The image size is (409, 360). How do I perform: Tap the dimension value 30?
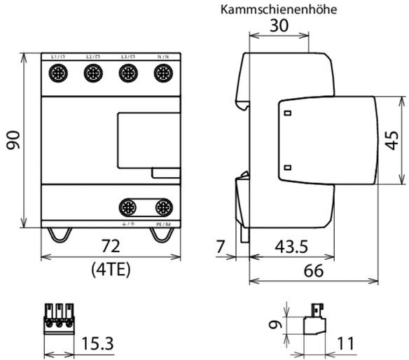coord(279,27)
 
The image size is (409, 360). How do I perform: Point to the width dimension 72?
coord(112,246)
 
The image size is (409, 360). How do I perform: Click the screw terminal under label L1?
coord(57,72)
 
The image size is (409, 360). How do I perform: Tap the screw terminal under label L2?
coord(92,72)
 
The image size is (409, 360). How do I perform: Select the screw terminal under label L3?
coord(127,72)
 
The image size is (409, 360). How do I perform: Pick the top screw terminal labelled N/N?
coord(163,72)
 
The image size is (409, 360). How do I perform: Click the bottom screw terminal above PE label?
coord(163,207)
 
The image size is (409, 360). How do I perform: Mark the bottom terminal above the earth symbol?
coord(128,207)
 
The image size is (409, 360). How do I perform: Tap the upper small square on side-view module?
coord(287,112)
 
